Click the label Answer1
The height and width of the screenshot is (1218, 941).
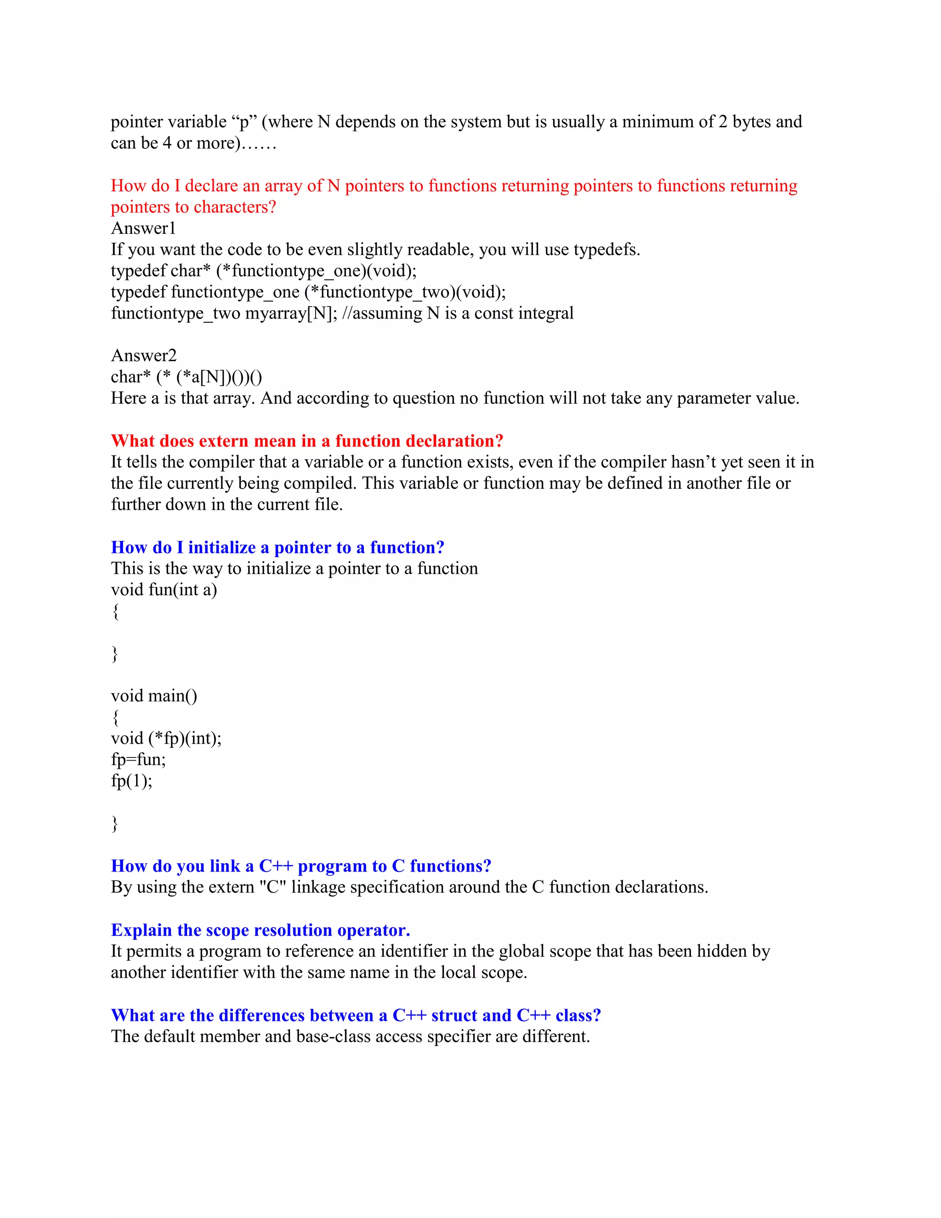143,228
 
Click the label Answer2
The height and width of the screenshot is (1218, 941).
144,355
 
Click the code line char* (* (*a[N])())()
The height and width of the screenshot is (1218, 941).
186,377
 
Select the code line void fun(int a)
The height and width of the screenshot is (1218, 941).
164,590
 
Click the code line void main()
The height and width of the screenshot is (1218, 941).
154,695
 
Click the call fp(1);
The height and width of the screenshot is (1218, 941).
131,780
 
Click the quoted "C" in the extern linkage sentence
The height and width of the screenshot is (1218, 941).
272,887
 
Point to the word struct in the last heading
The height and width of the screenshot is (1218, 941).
454,1015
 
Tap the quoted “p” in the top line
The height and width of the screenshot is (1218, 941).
243,122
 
